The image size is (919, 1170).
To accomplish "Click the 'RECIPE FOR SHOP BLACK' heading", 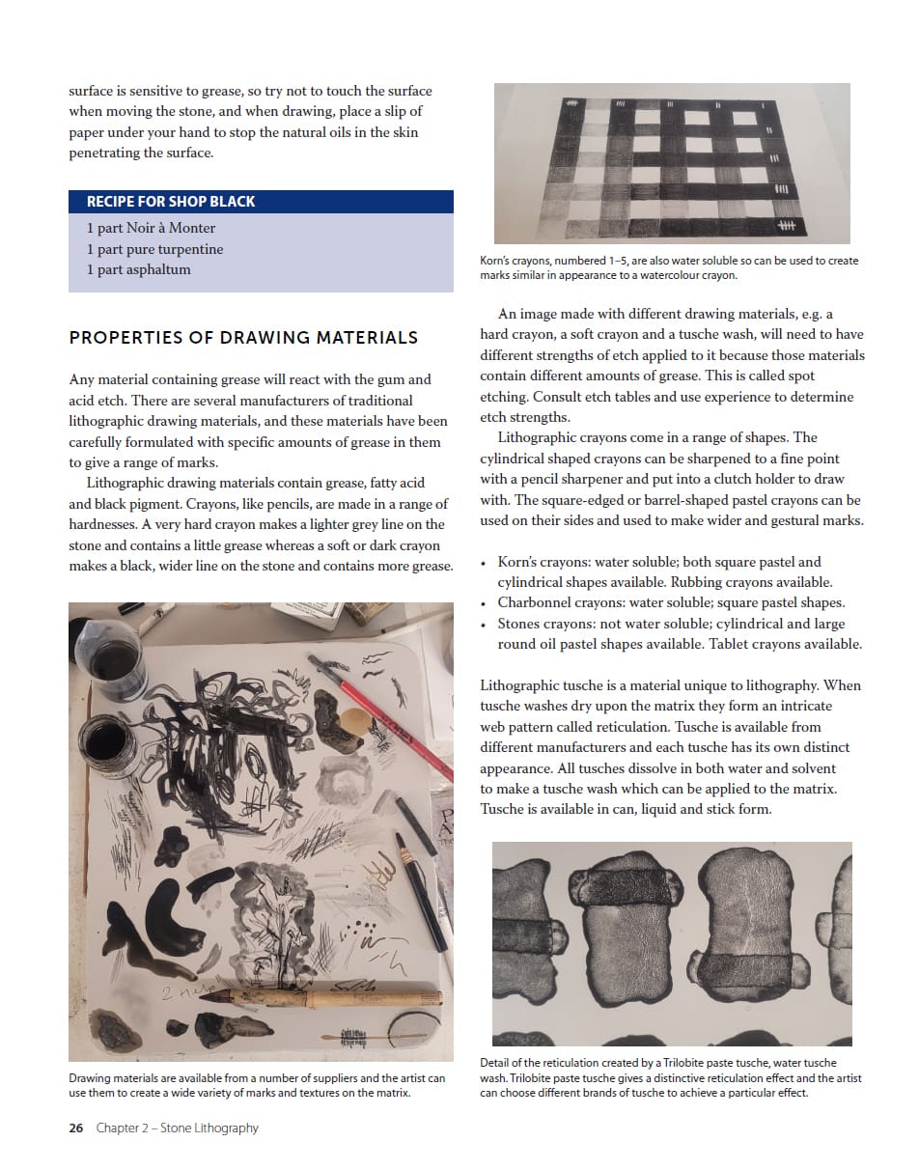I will point(171,202).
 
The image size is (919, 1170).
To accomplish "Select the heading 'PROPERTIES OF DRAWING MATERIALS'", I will point(243,337).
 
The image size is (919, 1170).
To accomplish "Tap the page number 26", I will point(76,1128).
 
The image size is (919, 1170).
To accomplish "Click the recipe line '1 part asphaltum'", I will point(139,269).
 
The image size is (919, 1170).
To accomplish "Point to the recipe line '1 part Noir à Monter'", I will point(151,228).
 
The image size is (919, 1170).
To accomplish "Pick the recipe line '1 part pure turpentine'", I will point(154,249).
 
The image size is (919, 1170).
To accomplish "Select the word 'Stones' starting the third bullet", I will point(519,624).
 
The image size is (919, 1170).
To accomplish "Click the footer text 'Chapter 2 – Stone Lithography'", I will point(178,1128).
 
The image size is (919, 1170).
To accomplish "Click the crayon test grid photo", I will point(672,163).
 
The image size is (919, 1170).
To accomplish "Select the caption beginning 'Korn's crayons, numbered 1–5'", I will point(669,267).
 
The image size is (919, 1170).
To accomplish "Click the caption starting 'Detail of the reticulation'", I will point(670,1077).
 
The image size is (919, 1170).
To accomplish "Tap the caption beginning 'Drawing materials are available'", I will point(258,1085).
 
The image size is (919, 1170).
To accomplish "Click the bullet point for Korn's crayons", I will point(485,562).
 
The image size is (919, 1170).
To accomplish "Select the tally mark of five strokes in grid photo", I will point(787,226).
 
